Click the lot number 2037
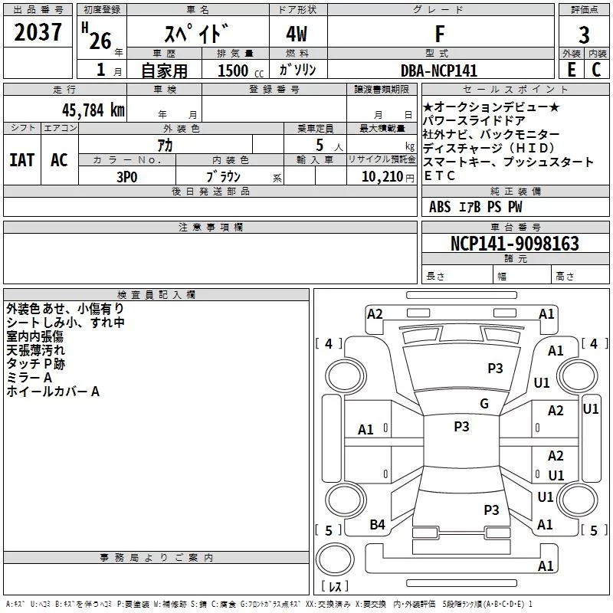38,34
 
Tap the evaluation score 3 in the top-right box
584,35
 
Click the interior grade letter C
596,69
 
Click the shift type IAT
21,160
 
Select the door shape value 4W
298,34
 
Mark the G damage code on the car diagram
484,403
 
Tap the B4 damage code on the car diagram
377,524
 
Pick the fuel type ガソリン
297,70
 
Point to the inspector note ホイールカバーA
53,392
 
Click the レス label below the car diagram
334,586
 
